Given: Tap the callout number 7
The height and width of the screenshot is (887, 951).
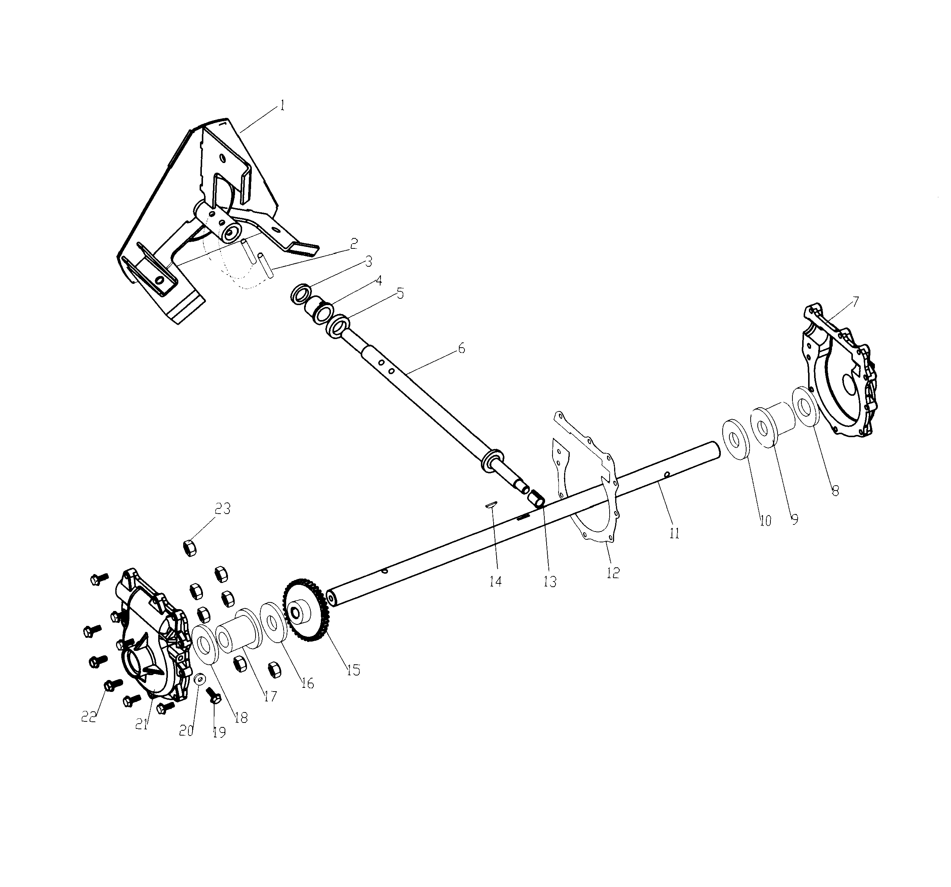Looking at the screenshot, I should click(855, 302).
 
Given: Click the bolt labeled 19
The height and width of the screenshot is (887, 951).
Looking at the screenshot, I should click(213, 694).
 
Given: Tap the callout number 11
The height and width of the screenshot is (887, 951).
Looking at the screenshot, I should click(674, 533).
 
